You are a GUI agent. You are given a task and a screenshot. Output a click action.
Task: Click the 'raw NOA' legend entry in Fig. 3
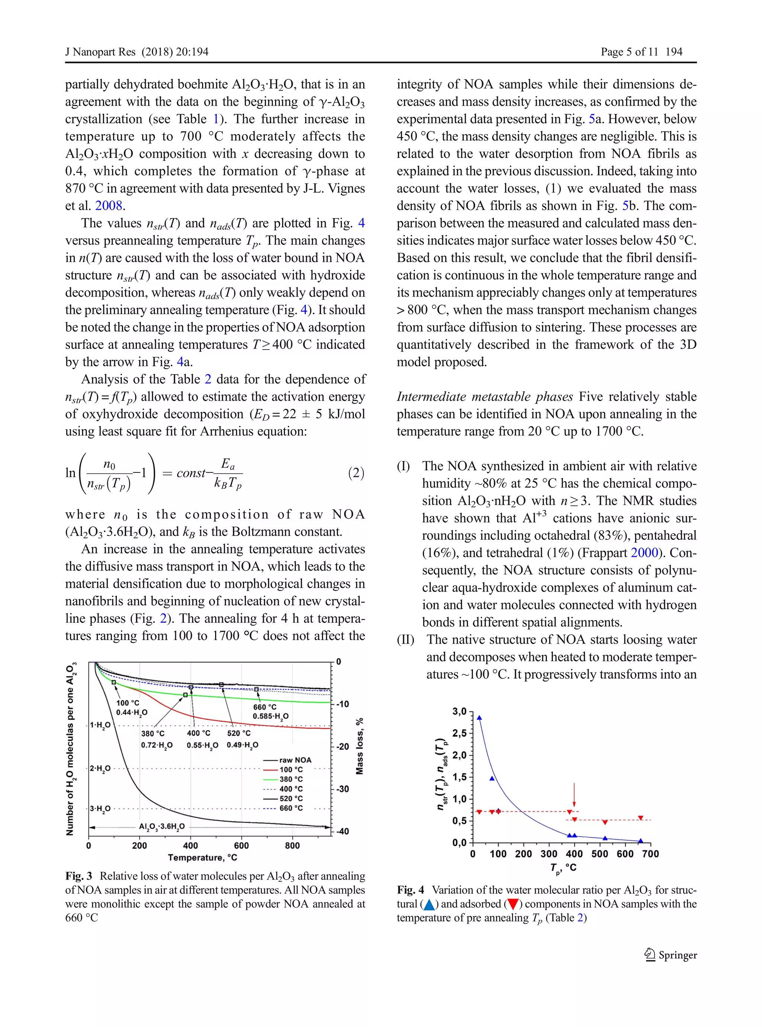tap(295, 760)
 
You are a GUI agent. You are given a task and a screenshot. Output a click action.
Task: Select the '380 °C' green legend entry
tap(291, 779)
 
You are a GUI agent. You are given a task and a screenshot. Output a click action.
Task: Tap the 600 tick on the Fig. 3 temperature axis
tap(241, 846)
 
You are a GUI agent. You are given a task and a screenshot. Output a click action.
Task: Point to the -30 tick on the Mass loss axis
tap(342, 789)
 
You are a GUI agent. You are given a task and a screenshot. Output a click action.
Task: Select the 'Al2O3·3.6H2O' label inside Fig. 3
tap(162, 826)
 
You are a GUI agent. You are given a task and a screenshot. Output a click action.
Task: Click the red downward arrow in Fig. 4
tap(574, 794)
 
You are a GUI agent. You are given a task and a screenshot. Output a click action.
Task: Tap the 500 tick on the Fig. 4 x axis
tap(600, 854)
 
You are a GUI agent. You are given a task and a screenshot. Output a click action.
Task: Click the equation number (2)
tap(356, 473)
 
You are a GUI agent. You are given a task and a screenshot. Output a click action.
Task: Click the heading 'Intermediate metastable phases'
tap(485, 397)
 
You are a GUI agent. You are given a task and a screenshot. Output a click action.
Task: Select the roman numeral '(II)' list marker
tap(406, 640)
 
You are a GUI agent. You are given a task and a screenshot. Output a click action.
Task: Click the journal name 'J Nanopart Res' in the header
tap(100, 52)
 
